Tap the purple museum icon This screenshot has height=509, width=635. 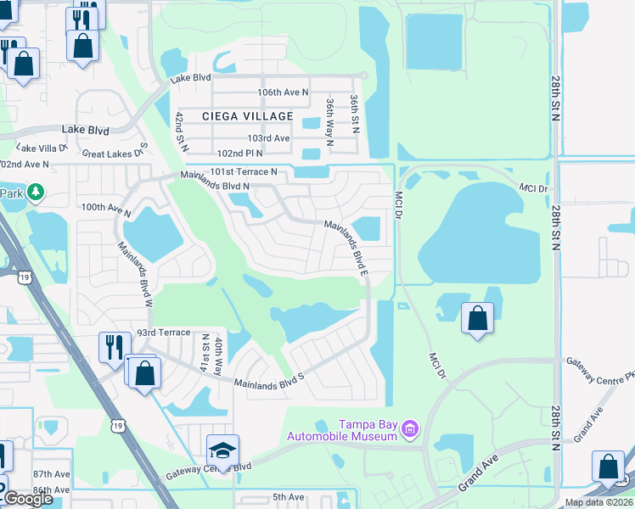pos(410,429)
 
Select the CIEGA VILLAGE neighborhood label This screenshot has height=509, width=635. pos(247,116)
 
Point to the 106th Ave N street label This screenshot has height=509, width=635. pos(282,92)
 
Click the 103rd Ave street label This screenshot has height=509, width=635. pos(268,138)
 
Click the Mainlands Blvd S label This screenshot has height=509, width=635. pos(269,378)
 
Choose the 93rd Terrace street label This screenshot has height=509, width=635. pos(165,333)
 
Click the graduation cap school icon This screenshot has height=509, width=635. pos(222,450)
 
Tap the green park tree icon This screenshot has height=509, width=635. pos(35,193)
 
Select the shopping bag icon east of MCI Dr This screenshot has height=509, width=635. pos(477,319)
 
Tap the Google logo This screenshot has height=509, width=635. pos(28,499)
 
